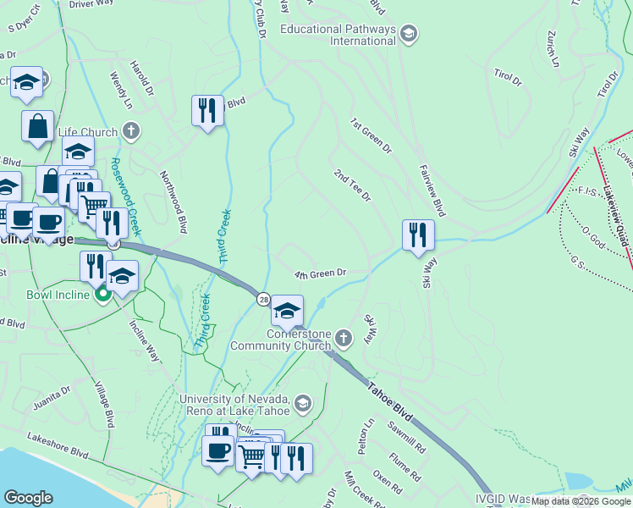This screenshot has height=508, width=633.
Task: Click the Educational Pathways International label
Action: pyautogui.click(x=339, y=35)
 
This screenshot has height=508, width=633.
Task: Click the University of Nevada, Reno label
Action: pyautogui.click(x=234, y=405)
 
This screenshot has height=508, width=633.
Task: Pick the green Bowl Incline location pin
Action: pyautogui.click(x=103, y=295)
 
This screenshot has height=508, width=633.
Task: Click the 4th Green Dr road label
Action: pyautogui.click(x=321, y=273)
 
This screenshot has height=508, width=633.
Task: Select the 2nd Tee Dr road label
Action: pyautogui.click(x=352, y=186)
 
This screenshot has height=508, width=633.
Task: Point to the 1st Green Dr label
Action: pyautogui.click(x=372, y=135)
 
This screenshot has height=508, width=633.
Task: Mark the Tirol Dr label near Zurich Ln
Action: pyautogui.click(x=508, y=78)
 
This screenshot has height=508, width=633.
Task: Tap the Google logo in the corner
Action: pyautogui.click(x=29, y=498)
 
